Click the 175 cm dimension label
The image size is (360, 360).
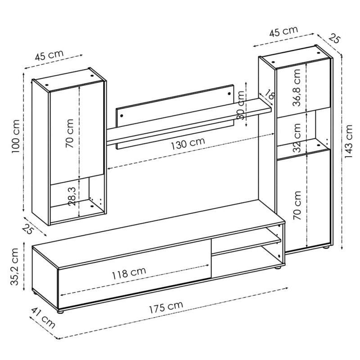(166, 307)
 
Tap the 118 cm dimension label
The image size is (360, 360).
(129, 273)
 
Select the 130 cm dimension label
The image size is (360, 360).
(188, 143)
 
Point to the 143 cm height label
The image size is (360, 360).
(348, 141)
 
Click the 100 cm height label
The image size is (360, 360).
(16, 137)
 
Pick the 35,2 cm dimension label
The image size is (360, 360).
(14, 266)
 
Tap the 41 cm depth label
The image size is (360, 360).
(43, 318)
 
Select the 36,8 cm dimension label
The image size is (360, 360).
(297, 87)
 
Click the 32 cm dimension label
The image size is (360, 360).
(297, 138)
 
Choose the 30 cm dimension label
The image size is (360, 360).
(241, 105)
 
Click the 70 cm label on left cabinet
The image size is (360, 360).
(69, 133)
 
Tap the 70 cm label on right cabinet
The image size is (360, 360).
(297, 205)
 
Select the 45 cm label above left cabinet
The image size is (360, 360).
(49, 55)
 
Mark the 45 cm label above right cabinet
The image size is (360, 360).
(283, 31)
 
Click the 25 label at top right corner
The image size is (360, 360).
(334, 38)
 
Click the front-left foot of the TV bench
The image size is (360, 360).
(60, 312)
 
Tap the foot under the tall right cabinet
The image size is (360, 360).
(325, 247)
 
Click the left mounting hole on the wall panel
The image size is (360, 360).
(121, 116)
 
